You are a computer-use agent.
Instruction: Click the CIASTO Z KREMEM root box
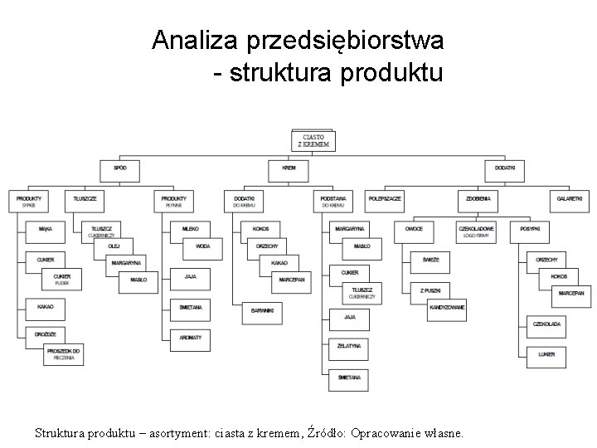[313, 141]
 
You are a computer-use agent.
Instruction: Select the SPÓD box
[121, 168]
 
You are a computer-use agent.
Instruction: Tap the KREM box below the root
[289, 168]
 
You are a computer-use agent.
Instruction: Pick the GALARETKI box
[570, 200]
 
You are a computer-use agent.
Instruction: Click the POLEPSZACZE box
[386, 200]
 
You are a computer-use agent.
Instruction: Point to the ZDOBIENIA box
[478, 200]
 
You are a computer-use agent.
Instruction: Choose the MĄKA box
[45, 228]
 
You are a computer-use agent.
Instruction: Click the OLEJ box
[114, 246]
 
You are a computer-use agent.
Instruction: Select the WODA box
[202, 246]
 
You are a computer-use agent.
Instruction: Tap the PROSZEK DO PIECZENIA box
[65, 354]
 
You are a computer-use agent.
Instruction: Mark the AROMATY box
[191, 338]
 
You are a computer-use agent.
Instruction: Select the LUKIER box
[547, 354]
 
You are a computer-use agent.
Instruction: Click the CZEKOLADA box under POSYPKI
[547, 324]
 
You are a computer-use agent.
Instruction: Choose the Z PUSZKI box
[430, 290]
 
